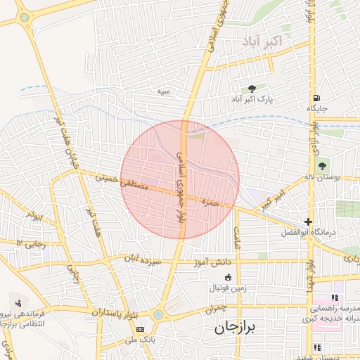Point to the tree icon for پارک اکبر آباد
tap(252, 88)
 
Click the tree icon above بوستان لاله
tap(322, 167)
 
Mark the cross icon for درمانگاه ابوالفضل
tap(308, 221)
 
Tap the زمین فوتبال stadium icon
tap(227, 276)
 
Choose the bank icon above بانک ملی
tap(140, 329)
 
